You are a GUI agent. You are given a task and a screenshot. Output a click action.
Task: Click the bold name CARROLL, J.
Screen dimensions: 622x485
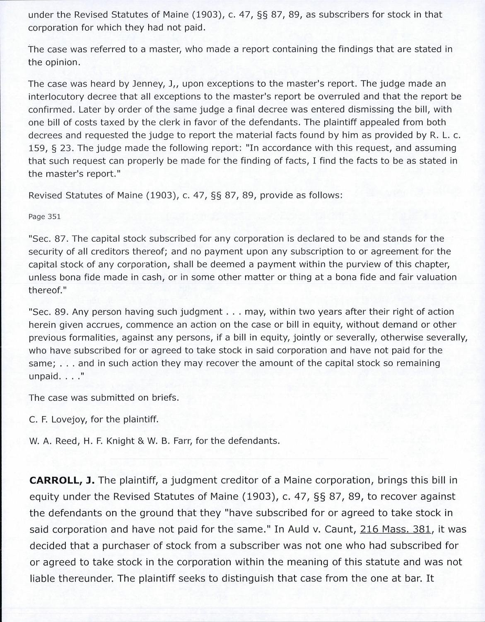(62, 480)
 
